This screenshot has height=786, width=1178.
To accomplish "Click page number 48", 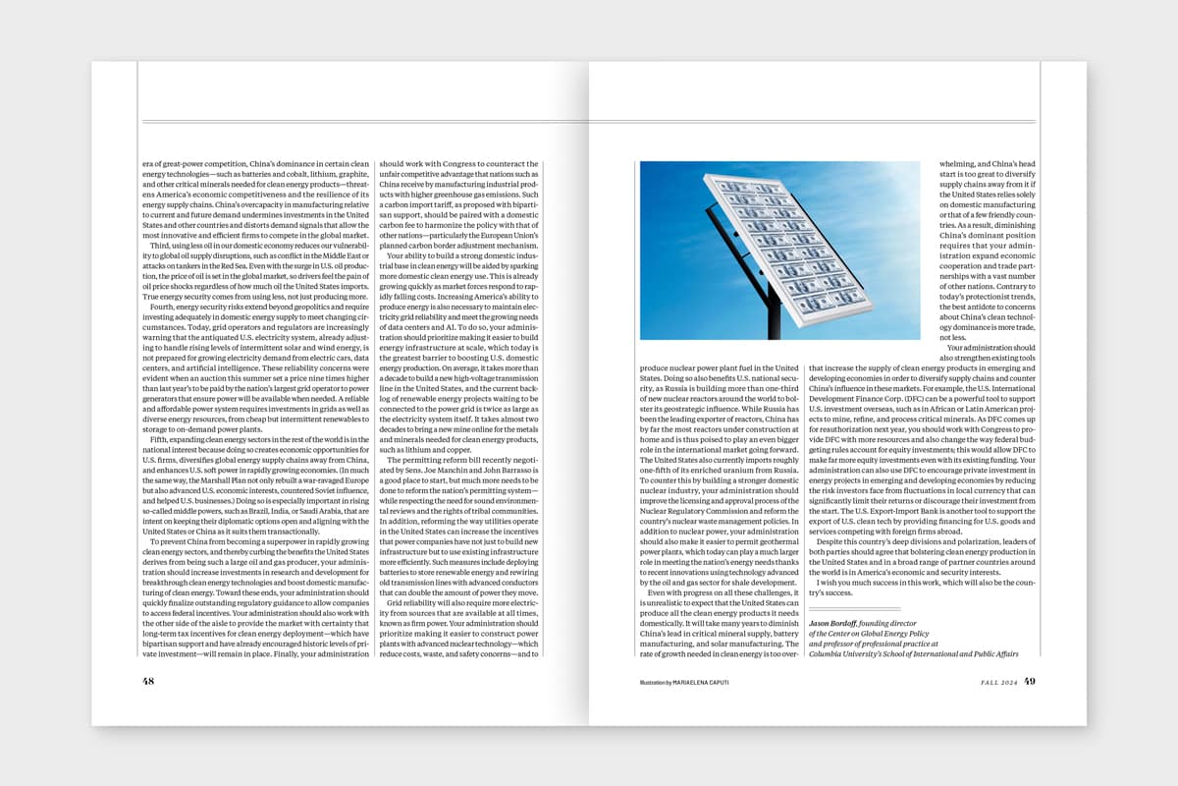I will pyautogui.click(x=148, y=680).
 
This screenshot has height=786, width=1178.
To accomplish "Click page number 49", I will pyautogui.click(x=1030, y=680).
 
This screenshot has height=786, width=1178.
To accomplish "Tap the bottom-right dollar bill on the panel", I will pyautogui.click(x=846, y=295).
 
